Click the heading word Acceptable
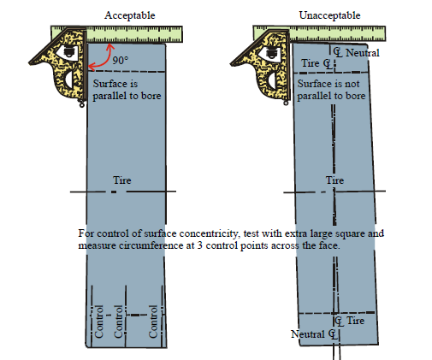click(129, 15)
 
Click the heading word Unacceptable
click(329, 15)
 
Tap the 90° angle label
click(120, 60)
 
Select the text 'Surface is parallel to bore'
click(127, 90)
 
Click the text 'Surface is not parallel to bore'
click(331, 90)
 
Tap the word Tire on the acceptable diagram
click(122, 180)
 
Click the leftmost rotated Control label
click(98, 322)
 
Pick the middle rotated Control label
click(118, 322)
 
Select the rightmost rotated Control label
click(153, 322)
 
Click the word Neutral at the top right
click(363, 53)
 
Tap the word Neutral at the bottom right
click(308, 334)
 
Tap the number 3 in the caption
click(200, 245)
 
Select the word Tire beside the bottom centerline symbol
click(356, 321)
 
